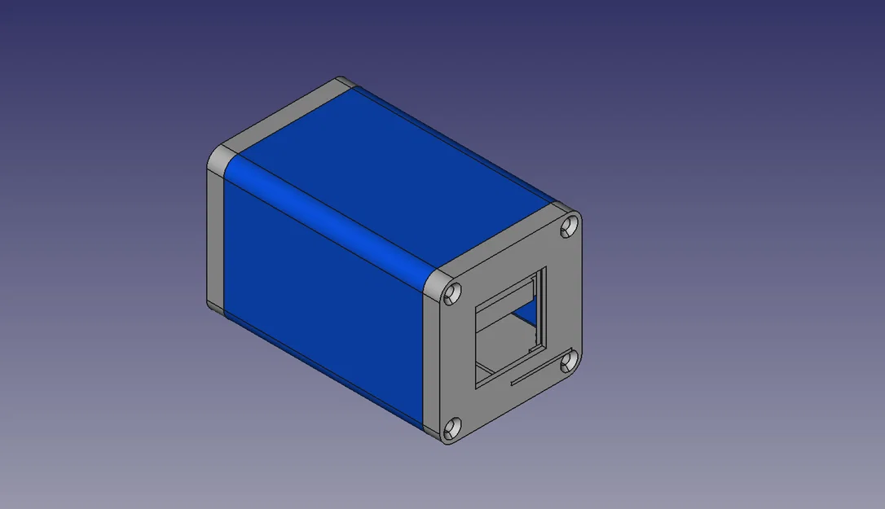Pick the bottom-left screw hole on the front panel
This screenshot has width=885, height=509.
pyautogui.click(x=453, y=426)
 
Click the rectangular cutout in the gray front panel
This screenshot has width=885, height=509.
pyautogui.click(x=505, y=326)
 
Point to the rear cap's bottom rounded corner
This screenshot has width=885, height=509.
pyautogui.click(x=215, y=308)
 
